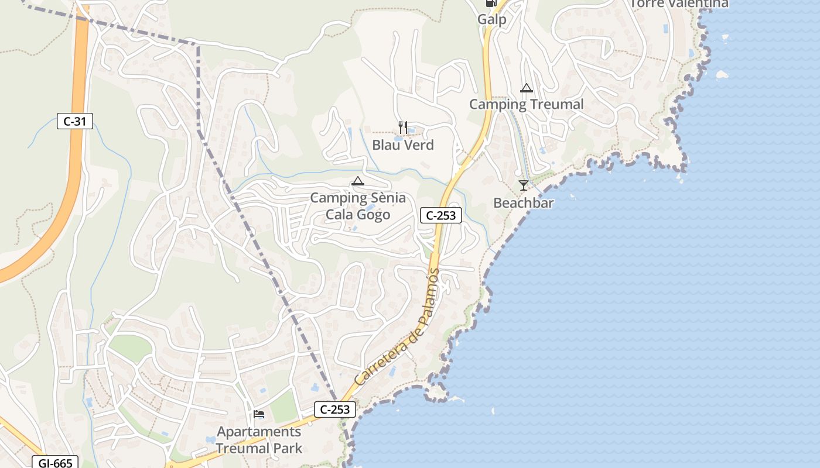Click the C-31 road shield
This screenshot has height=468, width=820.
pos(75,122)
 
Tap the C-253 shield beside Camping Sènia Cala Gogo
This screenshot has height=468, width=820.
pos(441,215)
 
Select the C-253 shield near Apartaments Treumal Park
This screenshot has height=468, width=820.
pos(336,409)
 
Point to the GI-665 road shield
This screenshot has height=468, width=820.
pos(55,463)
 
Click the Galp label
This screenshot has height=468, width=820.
pos(491,19)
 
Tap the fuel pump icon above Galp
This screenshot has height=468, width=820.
pos(491,3)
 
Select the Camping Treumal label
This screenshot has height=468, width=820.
pos(526,105)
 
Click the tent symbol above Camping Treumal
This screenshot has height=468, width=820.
pos(526,88)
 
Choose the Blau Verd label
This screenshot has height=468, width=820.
pos(403,144)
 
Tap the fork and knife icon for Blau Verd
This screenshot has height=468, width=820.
pos(402,127)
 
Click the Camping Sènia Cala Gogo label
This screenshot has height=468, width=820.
pos(358,206)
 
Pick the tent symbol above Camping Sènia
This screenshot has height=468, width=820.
pos(357,181)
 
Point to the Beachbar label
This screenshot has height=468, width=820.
pos(523,203)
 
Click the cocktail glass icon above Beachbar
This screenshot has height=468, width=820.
pos(523,185)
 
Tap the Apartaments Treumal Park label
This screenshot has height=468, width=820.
pos(259,440)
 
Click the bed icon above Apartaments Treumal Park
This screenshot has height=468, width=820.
pos(259,414)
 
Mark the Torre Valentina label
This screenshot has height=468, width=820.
pos(679,4)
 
